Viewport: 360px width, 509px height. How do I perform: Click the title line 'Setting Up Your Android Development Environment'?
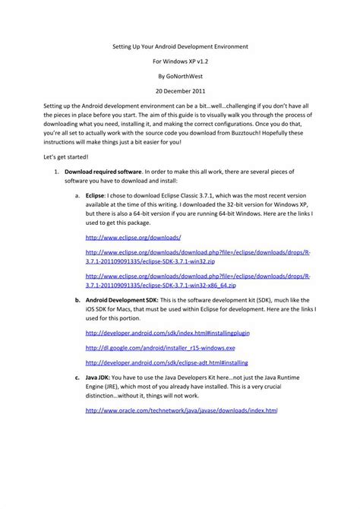click(179, 46)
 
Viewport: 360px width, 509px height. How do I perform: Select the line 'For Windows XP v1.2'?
click(179, 62)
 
